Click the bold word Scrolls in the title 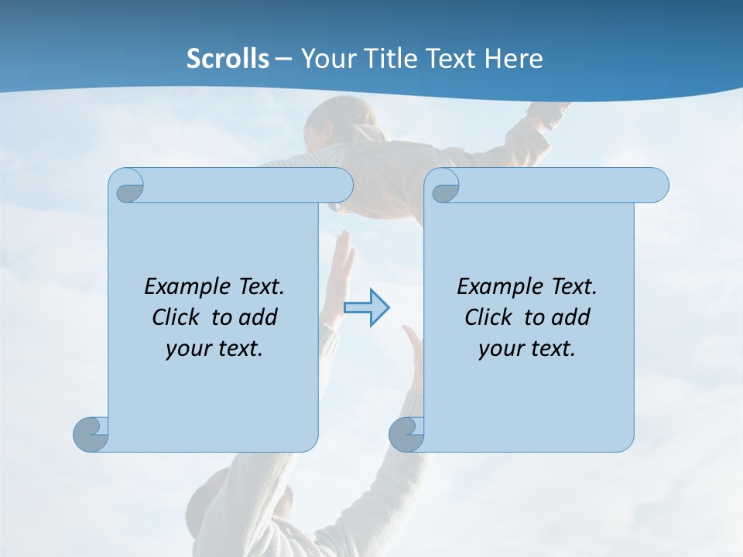(228, 59)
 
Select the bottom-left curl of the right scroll (406, 433)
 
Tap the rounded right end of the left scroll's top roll (341, 185)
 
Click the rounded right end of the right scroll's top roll (657, 185)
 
